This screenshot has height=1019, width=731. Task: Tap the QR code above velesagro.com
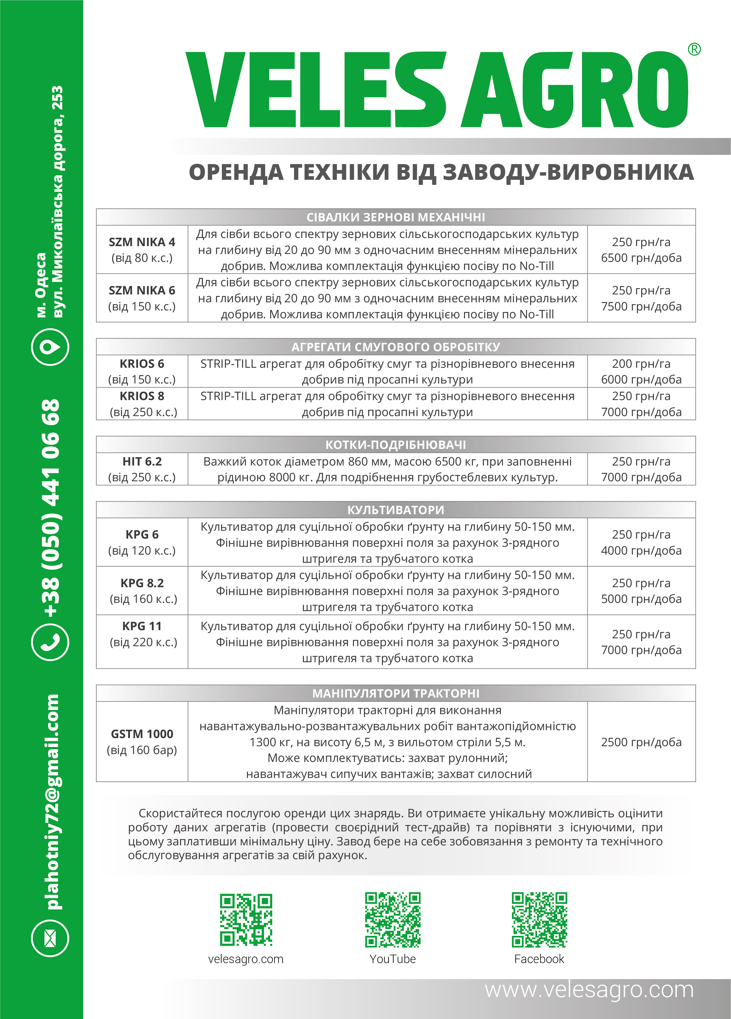[x=246, y=920]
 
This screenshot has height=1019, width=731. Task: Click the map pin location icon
[x=50, y=346]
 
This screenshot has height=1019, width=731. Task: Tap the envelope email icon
[x=50, y=938]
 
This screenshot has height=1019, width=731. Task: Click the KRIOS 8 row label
[x=142, y=396]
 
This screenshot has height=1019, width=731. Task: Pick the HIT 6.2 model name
[x=142, y=461]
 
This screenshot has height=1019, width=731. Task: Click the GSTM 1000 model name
[x=142, y=734]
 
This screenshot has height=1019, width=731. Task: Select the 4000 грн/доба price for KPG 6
[x=641, y=550]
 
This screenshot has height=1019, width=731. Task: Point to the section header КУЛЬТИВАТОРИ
[x=396, y=510]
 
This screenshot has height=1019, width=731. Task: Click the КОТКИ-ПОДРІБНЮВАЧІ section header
[x=396, y=445]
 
